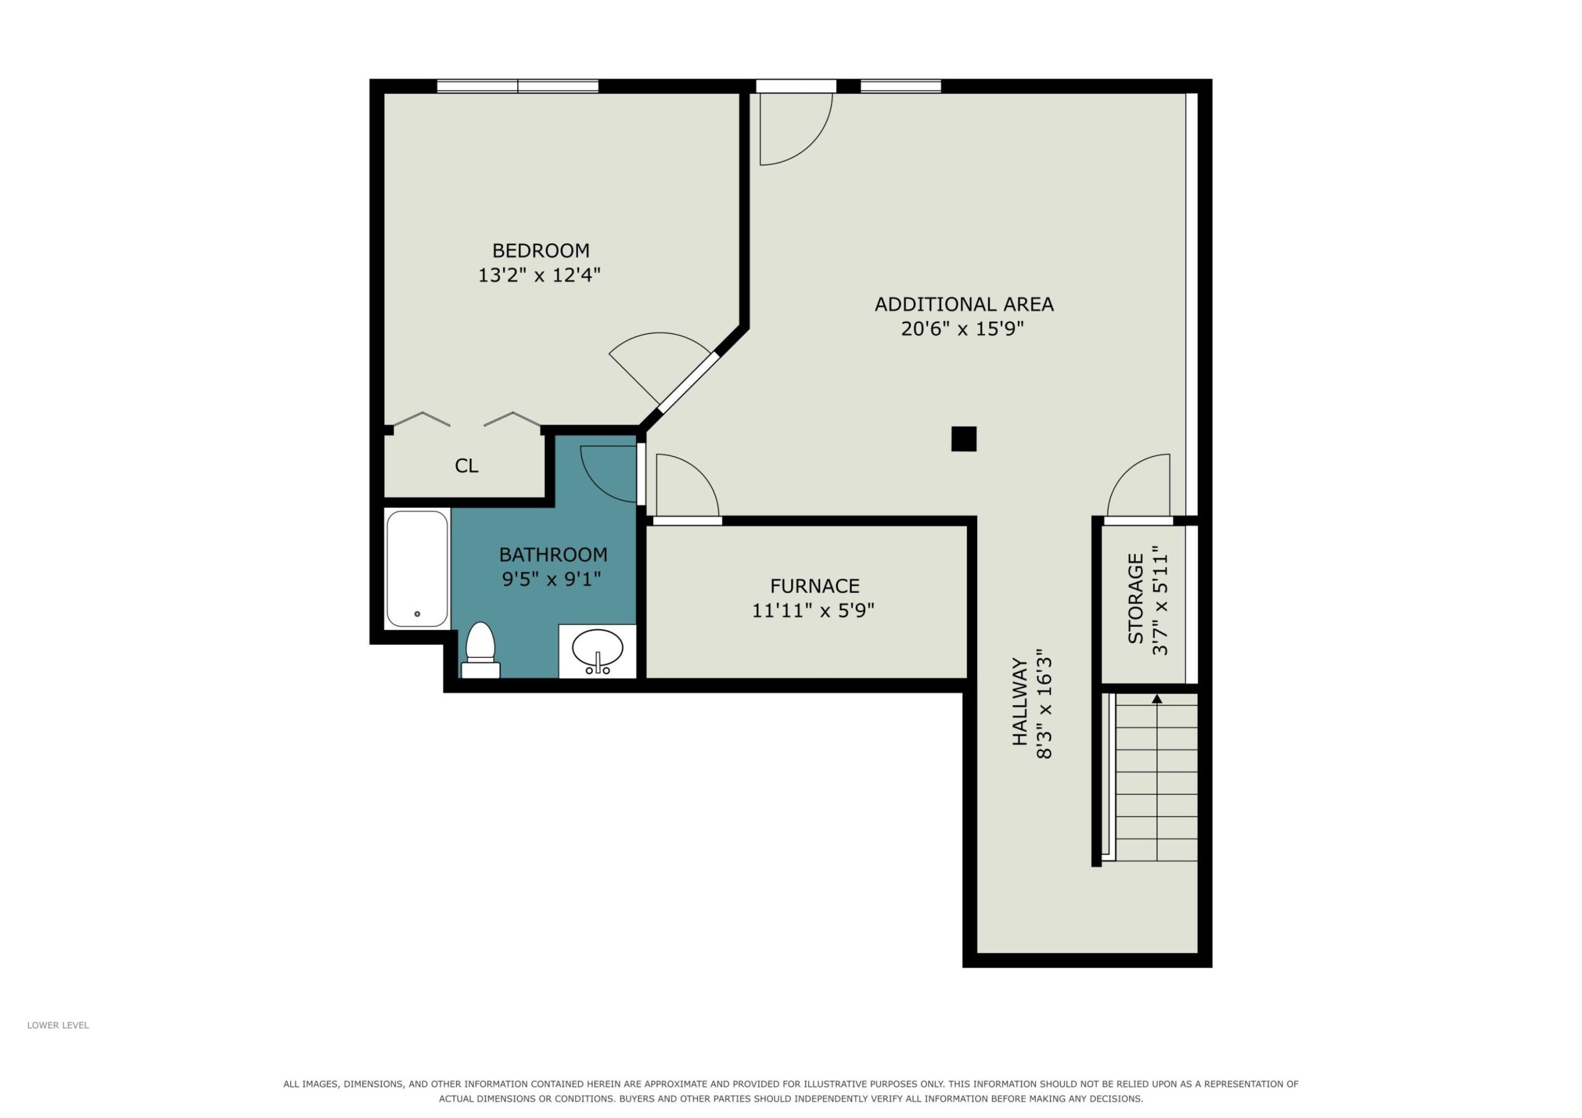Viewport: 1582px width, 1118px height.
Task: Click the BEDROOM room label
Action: pyautogui.click(x=540, y=250)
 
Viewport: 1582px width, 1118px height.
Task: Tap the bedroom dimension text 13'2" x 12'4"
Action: pyautogui.click(x=539, y=275)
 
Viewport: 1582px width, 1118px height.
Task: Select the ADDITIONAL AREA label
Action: pyautogui.click(x=964, y=304)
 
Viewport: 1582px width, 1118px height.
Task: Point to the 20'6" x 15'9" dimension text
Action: pyautogui.click(x=963, y=329)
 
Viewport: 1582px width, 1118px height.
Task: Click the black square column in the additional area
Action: pyautogui.click(x=964, y=439)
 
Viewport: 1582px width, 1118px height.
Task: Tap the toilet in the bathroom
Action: pyautogui.click(x=480, y=650)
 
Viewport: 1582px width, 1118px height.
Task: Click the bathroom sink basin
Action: pyautogui.click(x=598, y=647)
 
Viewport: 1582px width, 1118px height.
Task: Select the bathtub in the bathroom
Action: pyautogui.click(x=417, y=568)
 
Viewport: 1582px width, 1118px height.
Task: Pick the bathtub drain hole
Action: pyautogui.click(x=417, y=614)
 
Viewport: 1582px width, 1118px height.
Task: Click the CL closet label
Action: pyautogui.click(x=467, y=466)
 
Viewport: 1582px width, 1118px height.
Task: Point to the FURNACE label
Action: pyautogui.click(x=814, y=586)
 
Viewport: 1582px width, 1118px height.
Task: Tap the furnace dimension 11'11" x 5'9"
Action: pyautogui.click(x=813, y=611)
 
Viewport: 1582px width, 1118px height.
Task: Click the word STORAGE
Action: pyautogui.click(x=1135, y=599)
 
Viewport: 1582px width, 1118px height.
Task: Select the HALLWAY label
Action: pyautogui.click(x=1019, y=702)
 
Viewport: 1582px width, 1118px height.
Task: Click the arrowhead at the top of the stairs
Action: pyautogui.click(x=1157, y=699)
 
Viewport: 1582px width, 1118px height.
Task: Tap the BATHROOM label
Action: pyautogui.click(x=553, y=555)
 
